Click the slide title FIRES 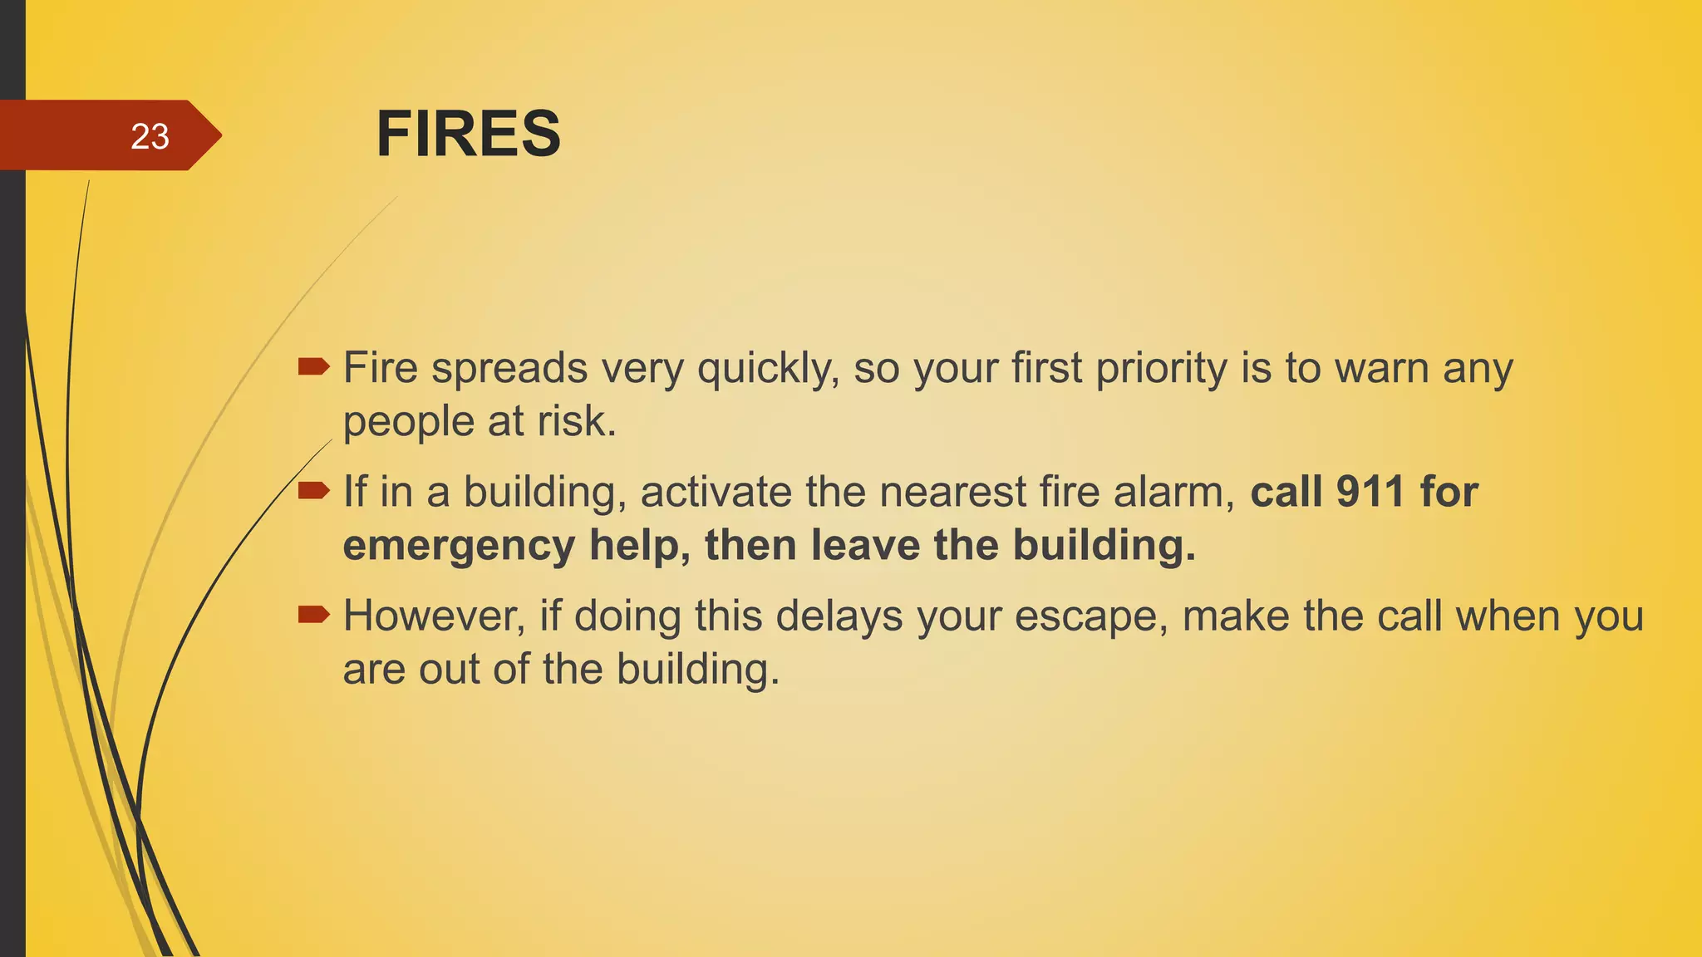468,134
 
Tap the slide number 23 150,136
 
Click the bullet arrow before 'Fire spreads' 313,366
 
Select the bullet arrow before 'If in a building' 313,490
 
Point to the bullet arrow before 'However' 313,615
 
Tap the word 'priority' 1161,368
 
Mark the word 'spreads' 509,368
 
